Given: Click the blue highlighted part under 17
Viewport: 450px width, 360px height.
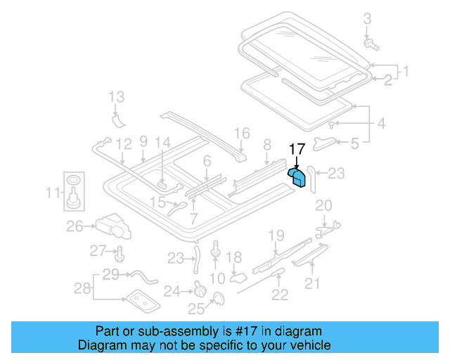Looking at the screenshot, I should pos(299,176).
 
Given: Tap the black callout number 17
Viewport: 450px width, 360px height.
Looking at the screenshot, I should pos(297,148).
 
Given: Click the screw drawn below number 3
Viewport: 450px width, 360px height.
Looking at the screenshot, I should pos(371,46).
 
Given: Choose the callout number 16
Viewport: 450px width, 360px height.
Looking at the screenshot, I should pos(241,133).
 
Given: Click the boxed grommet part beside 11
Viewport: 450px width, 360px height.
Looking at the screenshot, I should pos(72,192).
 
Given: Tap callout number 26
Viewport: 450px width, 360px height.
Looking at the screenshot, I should pos(75,226).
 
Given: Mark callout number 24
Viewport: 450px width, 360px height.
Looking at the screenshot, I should pos(172,290).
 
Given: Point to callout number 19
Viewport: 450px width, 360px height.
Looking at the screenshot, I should pos(276,235).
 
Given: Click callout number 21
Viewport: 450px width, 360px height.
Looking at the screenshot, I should pos(311,283).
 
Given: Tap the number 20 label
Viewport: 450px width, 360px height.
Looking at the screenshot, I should pos(323,205).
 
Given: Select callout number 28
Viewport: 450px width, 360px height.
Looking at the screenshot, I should pos(83,289).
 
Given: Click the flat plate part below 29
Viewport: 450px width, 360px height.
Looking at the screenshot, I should pos(142,301).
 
